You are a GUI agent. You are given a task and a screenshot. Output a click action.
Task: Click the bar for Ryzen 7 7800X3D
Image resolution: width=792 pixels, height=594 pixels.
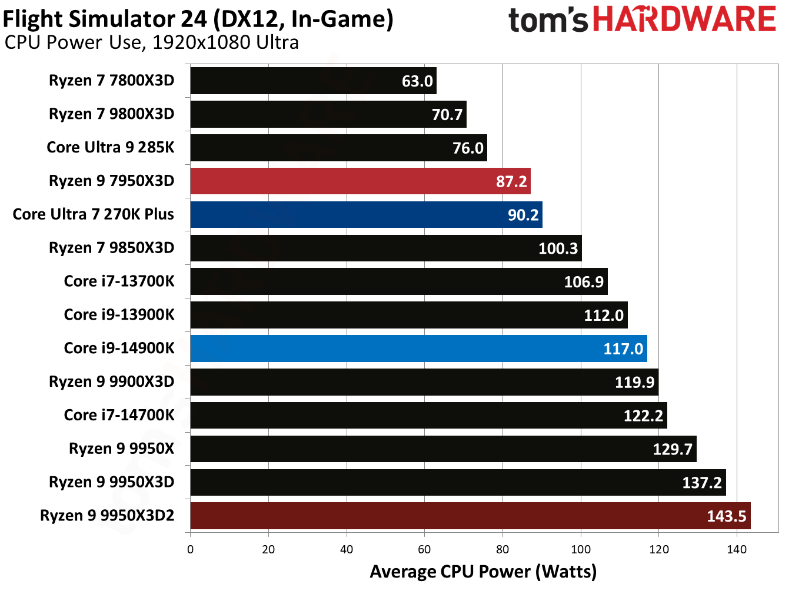click(x=312, y=81)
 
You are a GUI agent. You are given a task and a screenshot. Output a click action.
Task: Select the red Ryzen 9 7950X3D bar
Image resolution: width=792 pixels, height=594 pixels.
click(x=359, y=181)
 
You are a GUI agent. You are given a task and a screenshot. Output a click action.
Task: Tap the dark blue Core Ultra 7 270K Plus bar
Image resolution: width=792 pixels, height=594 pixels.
click(x=365, y=215)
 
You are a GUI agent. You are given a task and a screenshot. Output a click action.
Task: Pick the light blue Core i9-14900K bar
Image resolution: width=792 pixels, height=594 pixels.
click(x=418, y=349)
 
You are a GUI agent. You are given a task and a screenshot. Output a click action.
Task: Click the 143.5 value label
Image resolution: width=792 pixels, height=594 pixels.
click(x=726, y=516)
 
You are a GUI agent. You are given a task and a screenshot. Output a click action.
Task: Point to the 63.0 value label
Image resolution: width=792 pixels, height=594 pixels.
click(x=417, y=81)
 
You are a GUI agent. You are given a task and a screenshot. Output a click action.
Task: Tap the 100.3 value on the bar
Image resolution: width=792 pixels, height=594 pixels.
click(x=558, y=248)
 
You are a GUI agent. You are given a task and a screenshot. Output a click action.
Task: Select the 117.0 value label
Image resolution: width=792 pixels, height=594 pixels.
click(x=623, y=349)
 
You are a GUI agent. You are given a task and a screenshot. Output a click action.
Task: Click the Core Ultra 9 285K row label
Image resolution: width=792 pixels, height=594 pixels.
click(x=111, y=147)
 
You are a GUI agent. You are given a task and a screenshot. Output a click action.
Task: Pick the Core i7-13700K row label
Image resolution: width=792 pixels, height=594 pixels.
click(x=119, y=281)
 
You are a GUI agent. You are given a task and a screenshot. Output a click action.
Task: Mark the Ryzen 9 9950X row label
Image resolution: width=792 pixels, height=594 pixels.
click(x=121, y=449)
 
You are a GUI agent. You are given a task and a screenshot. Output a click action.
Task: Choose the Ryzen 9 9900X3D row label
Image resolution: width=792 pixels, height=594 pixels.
click(x=111, y=382)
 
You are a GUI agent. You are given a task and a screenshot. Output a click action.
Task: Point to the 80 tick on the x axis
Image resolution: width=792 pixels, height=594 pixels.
click(x=503, y=550)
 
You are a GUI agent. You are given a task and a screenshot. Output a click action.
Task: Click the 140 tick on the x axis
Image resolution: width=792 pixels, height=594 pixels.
click(x=737, y=550)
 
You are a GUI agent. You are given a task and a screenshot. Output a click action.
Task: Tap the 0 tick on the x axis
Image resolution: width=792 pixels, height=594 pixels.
click(x=190, y=550)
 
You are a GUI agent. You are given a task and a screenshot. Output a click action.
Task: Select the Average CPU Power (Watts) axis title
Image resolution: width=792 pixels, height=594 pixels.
click(x=483, y=572)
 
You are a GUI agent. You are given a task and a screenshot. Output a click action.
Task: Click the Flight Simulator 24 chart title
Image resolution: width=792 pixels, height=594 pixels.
click(x=198, y=19)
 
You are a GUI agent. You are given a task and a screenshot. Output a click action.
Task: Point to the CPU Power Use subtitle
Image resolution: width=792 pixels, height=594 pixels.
click(x=151, y=43)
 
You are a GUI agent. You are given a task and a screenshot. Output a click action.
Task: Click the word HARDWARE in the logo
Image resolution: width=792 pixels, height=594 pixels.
click(x=684, y=19)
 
